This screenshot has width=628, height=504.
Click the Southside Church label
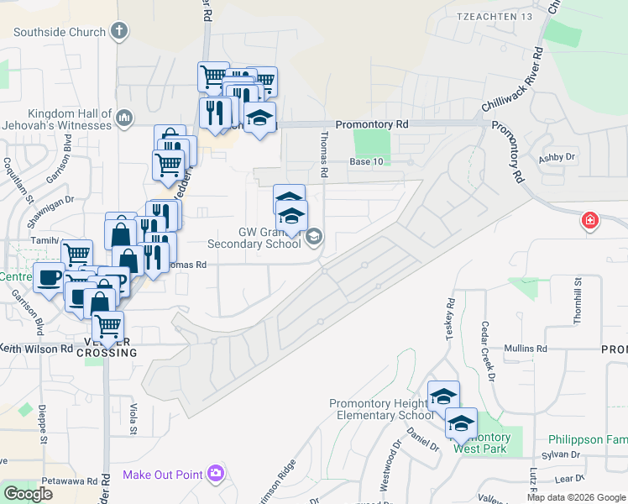pos(60,33)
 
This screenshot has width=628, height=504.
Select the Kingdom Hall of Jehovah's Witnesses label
pos(69,119)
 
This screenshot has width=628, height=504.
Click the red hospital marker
pos(590,222)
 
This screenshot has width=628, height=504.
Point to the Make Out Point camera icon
pos(216,475)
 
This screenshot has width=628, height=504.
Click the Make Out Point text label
pos(162,475)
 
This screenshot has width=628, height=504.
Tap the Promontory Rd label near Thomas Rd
pos(371,124)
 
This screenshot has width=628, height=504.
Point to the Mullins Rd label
pos(525,348)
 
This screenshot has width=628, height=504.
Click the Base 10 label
pos(366,162)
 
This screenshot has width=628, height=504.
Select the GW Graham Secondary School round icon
pos(314,236)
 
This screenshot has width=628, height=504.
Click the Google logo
pos(28,494)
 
